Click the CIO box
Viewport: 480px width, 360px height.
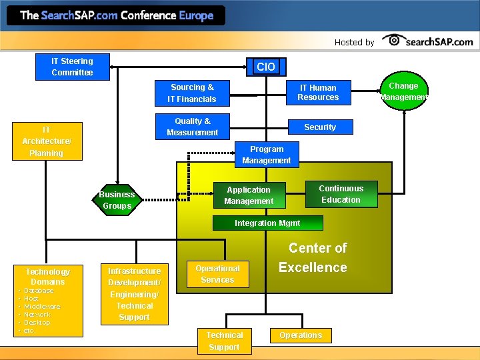click(x=265, y=66)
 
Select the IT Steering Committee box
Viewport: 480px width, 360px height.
click(x=72, y=67)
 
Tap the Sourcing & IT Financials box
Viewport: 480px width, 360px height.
click(x=192, y=93)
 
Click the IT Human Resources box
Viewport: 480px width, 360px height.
click(x=318, y=93)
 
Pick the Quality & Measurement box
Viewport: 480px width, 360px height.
click(x=192, y=127)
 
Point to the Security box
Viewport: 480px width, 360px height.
click(x=320, y=127)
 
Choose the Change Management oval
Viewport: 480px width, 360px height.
click(x=403, y=91)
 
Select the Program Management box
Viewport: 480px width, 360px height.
click(x=267, y=155)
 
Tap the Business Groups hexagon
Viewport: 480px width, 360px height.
click(x=117, y=200)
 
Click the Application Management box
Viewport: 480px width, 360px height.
click(x=248, y=195)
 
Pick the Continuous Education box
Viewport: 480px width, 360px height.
click(x=341, y=194)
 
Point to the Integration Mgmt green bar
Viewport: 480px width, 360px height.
click(x=267, y=223)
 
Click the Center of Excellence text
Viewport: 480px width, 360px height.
click(x=313, y=258)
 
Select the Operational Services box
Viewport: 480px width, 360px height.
click(x=217, y=274)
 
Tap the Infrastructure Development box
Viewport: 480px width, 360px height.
click(x=134, y=294)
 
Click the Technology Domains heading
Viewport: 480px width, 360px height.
click(x=47, y=277)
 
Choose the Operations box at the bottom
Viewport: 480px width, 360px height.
click(x=301, y=335)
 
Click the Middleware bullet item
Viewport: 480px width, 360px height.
click(x=42, y=307)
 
